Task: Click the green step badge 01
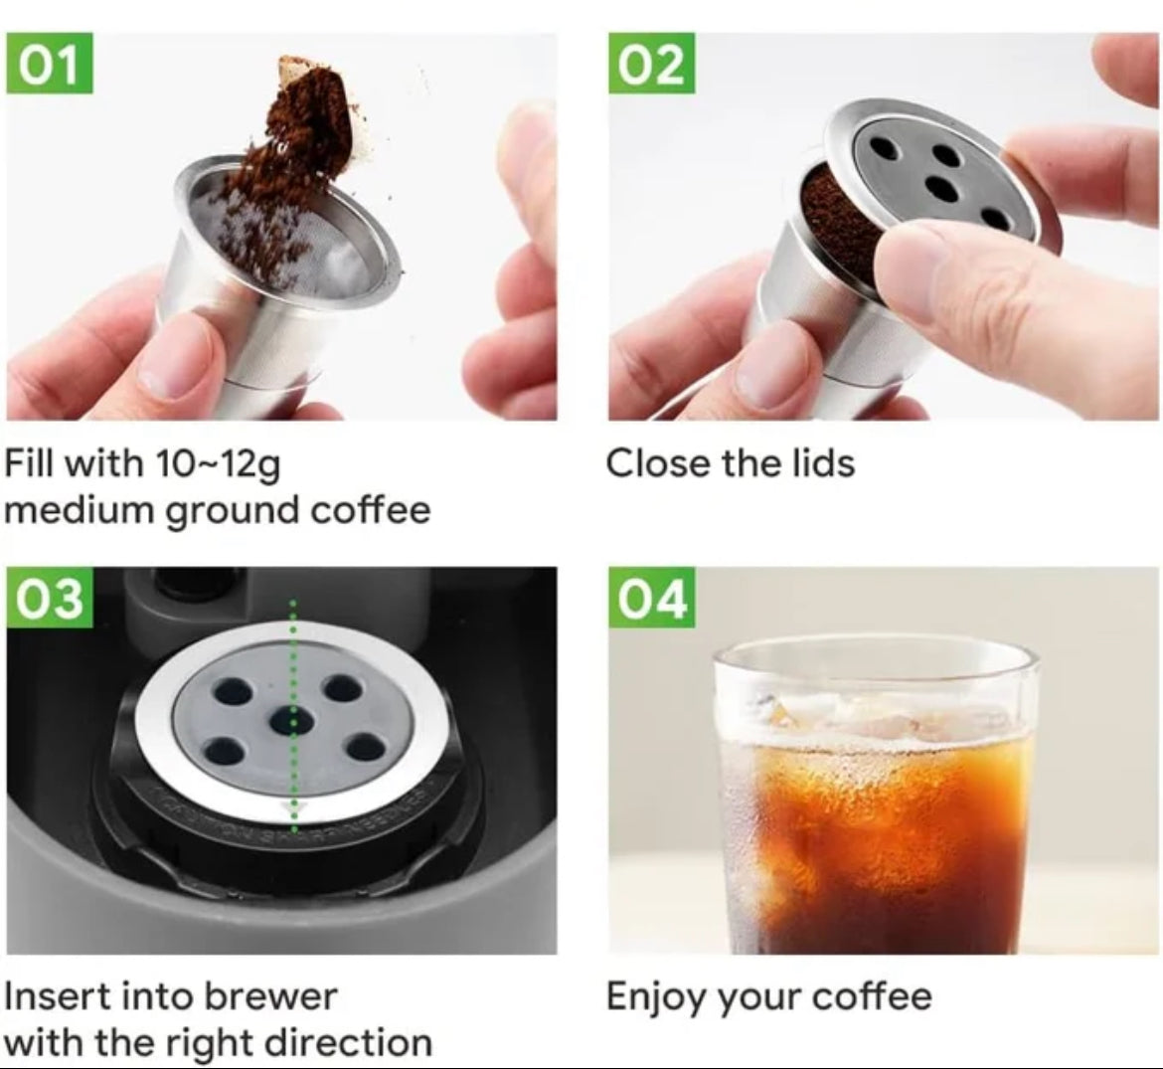[49, 64]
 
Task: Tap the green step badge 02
[652, 64]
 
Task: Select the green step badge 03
[49, 598]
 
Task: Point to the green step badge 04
[652, 598]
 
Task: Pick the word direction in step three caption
[349, 1042]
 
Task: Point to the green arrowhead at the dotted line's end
[294, 808]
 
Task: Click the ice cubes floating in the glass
[875, 716]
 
